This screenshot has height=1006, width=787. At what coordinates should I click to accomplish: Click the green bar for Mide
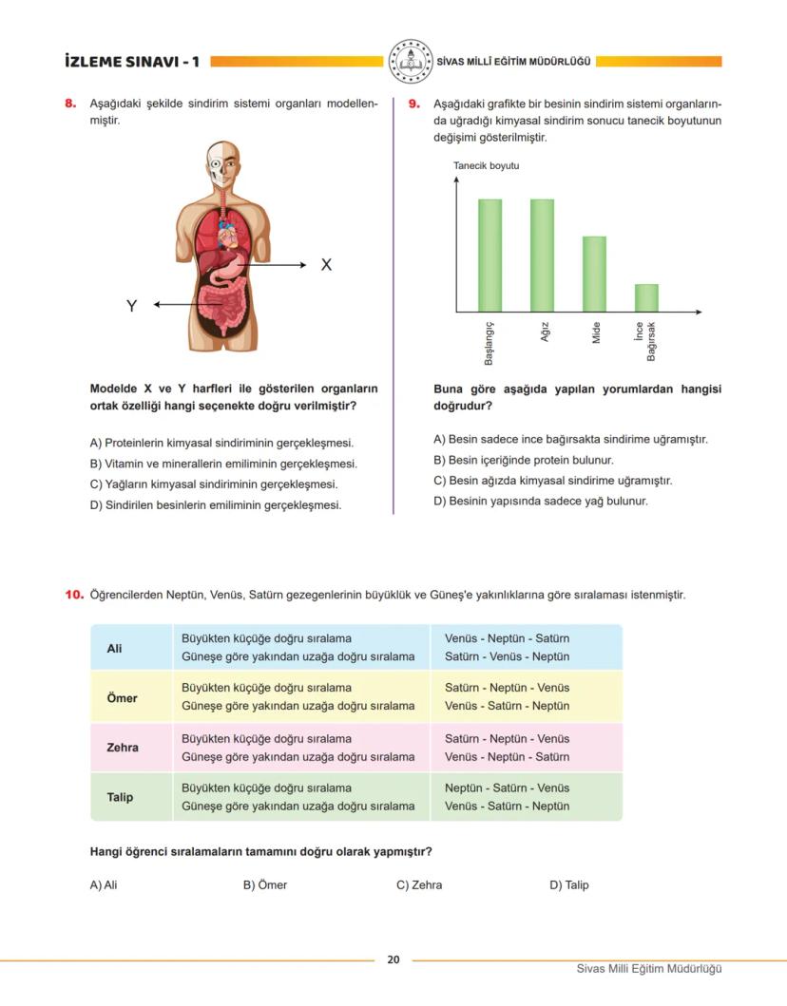coord(594,274)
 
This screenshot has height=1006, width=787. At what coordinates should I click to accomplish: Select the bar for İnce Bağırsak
coord(646,297)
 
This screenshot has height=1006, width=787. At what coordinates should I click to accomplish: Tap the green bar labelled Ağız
coord(542,255)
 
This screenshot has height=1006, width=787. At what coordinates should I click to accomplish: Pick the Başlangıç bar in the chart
coord(489,255)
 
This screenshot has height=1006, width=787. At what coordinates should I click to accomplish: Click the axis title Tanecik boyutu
coord(486,166)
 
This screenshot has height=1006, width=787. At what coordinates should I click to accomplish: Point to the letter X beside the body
coord(326,265)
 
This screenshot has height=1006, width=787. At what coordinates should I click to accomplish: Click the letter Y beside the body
coord(132,306)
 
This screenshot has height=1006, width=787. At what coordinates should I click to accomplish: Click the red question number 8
coord(70,104)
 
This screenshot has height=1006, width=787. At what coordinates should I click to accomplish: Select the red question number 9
coord(414,104)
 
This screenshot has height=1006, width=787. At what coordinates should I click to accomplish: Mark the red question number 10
coord(74,595)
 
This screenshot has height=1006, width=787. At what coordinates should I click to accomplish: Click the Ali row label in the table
coord(115,648)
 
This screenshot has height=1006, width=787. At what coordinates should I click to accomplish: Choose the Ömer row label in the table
coord(122,697)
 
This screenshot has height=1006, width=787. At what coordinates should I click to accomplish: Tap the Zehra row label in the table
coord(123,748)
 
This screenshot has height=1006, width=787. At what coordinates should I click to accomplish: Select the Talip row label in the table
coord(120,797)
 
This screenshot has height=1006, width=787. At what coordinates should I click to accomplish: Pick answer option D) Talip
coord(568,884)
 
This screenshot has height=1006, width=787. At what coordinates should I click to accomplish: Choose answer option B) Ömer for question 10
coord(264,884)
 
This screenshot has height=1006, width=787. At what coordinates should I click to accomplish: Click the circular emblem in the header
coord(412,61)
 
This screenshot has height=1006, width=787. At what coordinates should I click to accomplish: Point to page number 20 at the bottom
coord(393,959)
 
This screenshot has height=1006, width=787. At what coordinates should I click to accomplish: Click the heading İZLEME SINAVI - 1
coord(131,62)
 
